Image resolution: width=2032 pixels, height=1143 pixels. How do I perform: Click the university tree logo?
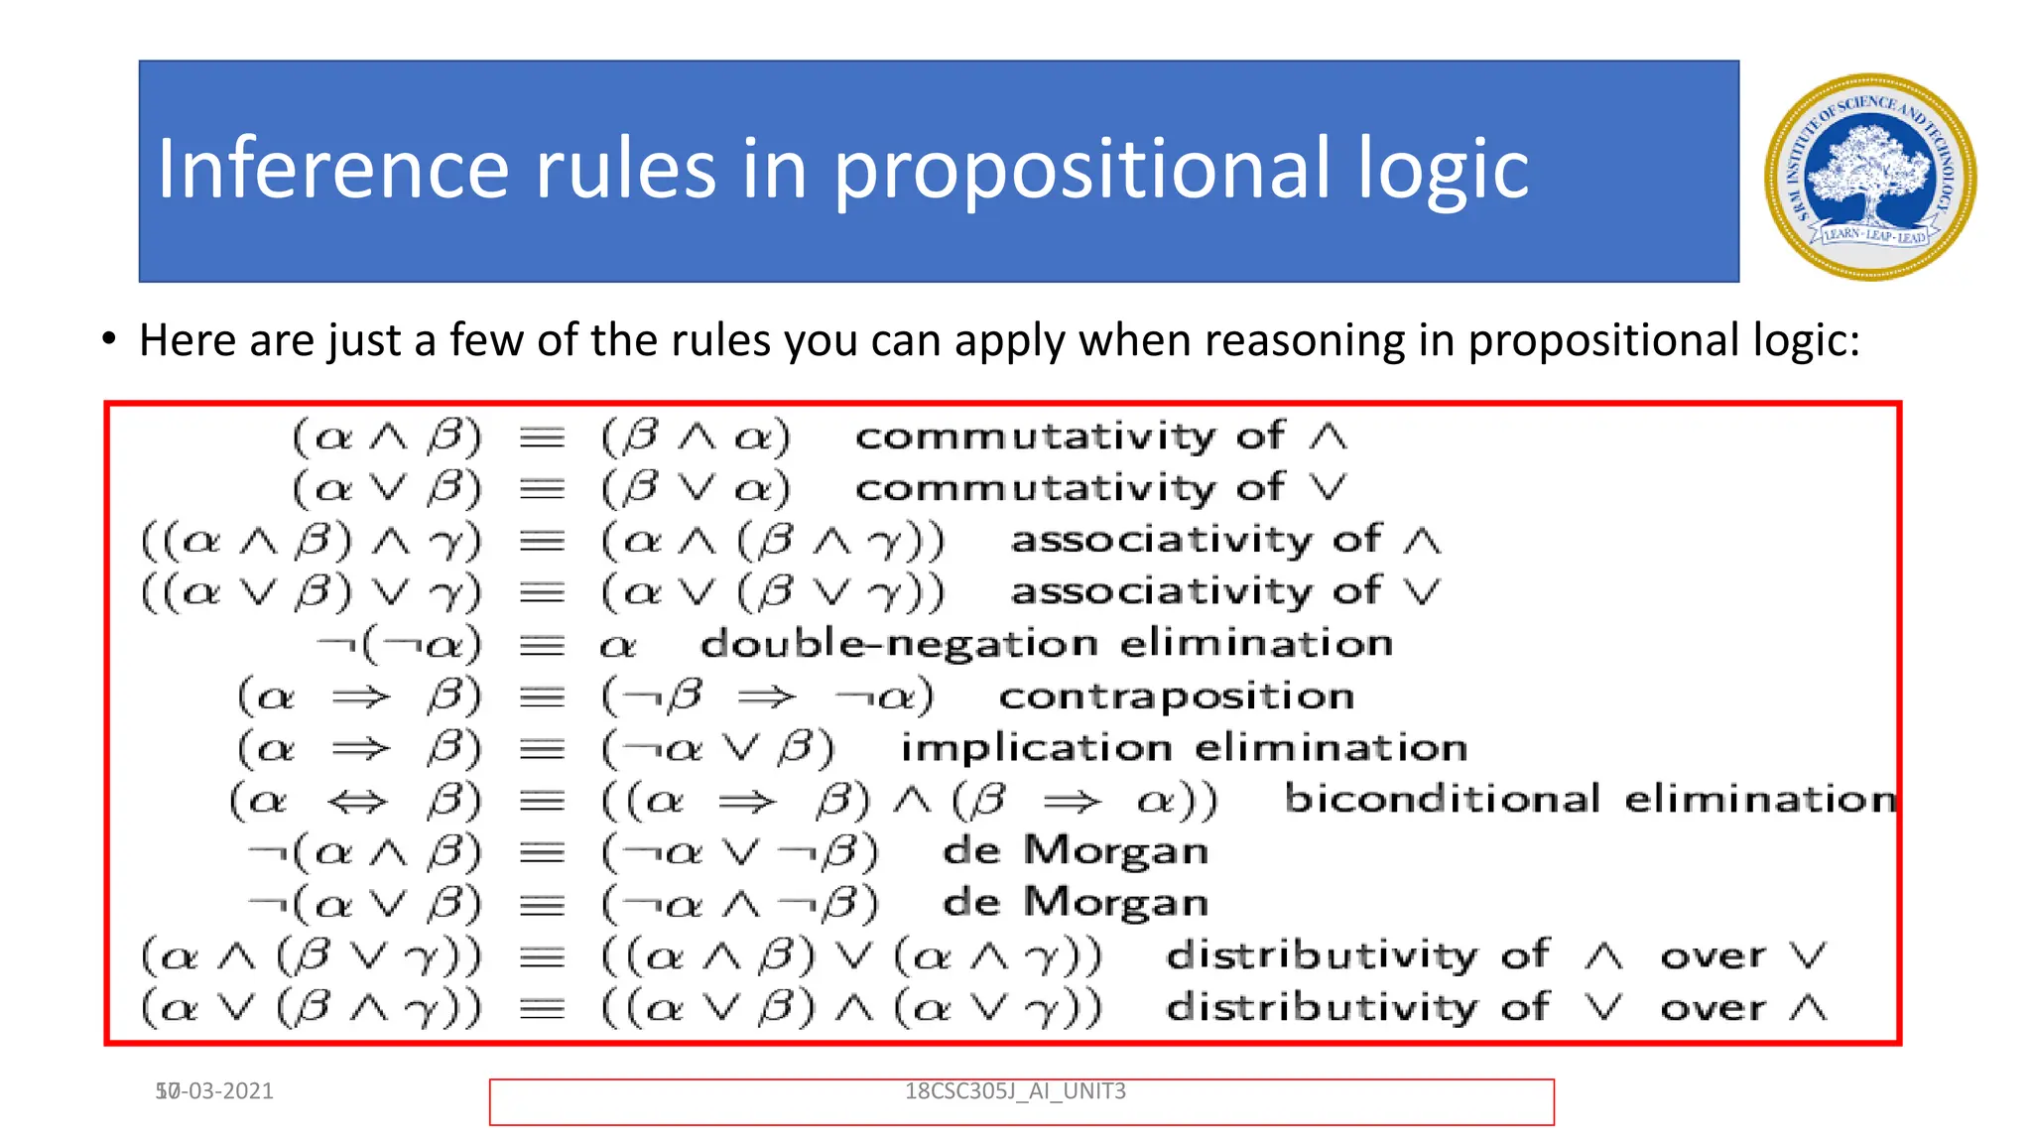[1870, 177]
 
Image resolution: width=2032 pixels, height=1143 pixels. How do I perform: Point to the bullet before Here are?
[109, 339]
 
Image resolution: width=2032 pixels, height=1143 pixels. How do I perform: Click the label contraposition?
[1176, 697]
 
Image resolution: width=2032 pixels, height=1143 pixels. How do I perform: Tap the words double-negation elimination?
[1046, 644]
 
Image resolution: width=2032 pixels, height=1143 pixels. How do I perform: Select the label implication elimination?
[1184, 748]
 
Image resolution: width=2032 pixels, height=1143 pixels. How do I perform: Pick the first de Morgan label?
[1076, 851]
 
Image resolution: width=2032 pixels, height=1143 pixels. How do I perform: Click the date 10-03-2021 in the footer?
[214, 1091]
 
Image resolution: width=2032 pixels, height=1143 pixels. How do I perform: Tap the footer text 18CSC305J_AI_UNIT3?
[1015, 1091]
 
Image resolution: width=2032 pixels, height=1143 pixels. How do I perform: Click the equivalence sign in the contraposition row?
[543, 698]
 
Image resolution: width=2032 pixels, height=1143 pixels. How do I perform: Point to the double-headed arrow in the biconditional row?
[357, 801]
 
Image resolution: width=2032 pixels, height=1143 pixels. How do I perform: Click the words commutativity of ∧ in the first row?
[1100, 437]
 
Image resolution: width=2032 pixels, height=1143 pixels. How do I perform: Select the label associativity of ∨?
[1224, 592]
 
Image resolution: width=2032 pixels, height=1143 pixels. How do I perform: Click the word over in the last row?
[1713, 1009]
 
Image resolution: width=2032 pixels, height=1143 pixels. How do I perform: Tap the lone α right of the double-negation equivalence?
[618, 647]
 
